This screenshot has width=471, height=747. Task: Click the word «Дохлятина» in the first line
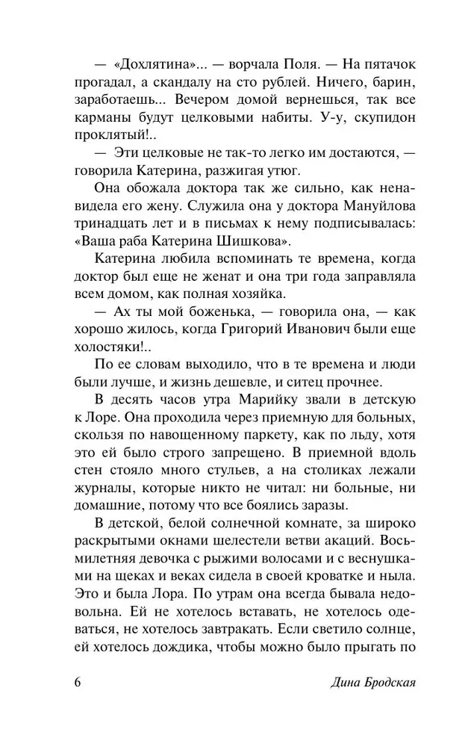[163, 61]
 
